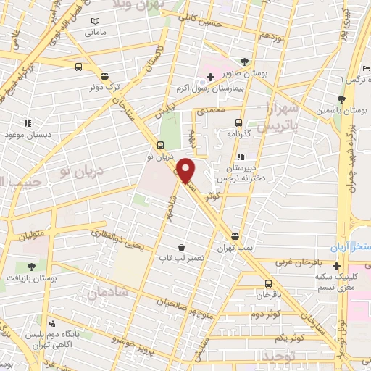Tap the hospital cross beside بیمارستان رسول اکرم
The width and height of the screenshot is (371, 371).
coord(210,77)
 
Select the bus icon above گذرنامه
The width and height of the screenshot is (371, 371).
coord(240,123)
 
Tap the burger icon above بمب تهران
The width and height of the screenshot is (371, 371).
coord(235,237)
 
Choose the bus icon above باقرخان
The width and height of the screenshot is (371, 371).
coord(269,283)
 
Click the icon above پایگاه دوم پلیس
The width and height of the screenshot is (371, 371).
coord(51,324)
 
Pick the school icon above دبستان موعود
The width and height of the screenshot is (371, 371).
coord(28,124)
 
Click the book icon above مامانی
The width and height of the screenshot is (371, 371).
coord(96,21)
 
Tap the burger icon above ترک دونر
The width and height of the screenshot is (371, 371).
coord(105,75)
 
